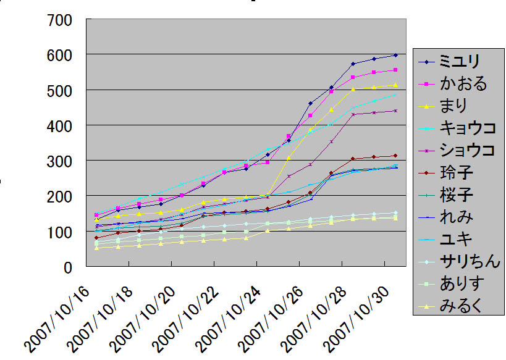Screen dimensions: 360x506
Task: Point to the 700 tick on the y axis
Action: (x=61, y=20)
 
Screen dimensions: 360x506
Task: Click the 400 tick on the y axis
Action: (x=61, y=125)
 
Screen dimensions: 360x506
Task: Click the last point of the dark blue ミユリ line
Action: (x=395, y=55)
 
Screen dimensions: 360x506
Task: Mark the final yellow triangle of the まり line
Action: (x=395, y=85)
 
